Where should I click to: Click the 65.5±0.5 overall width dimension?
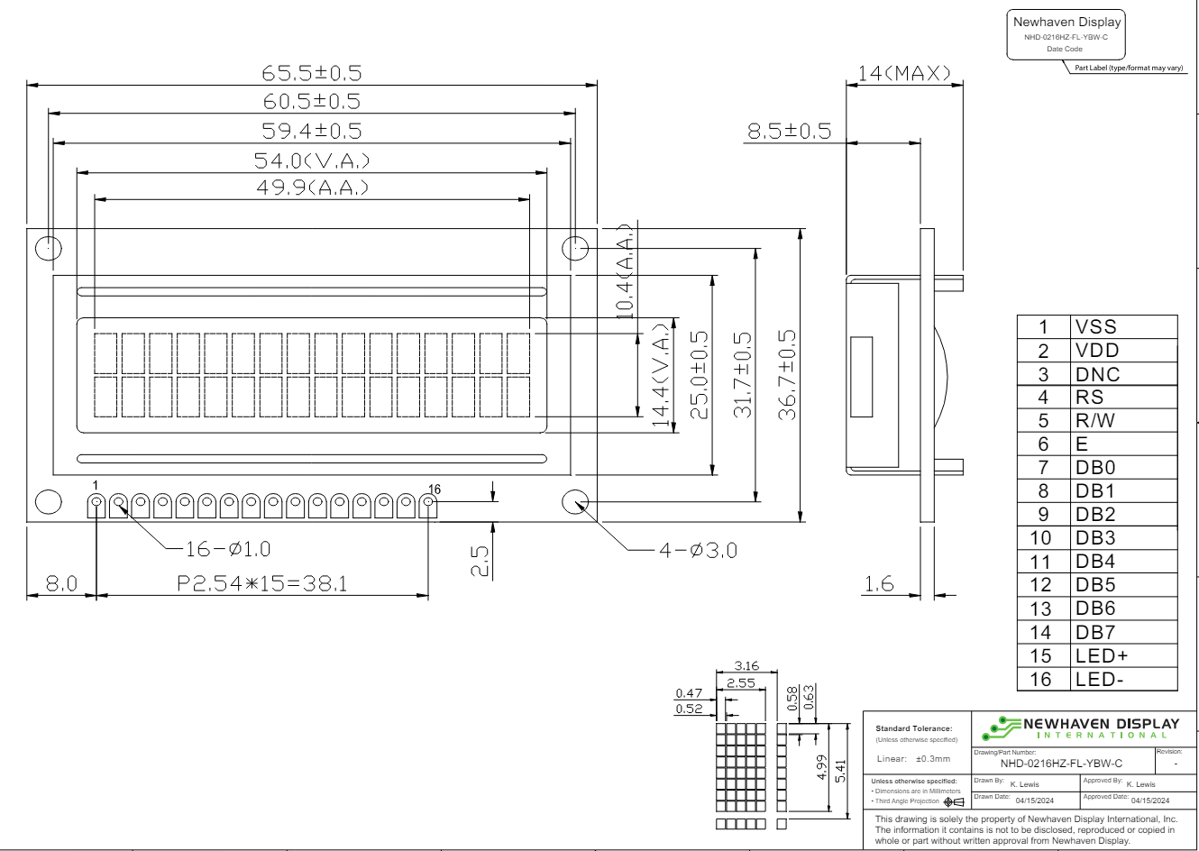pos(312,73)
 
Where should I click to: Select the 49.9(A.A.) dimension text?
pos(313,188)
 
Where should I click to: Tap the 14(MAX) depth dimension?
pos(904,73)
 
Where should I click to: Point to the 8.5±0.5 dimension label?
pos(789,131)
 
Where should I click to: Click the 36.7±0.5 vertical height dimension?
pos(787,375)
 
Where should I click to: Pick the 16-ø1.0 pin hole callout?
pos(227,549)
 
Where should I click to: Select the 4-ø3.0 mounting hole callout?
pos(698,550)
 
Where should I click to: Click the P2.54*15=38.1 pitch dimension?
pos(262,583)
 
